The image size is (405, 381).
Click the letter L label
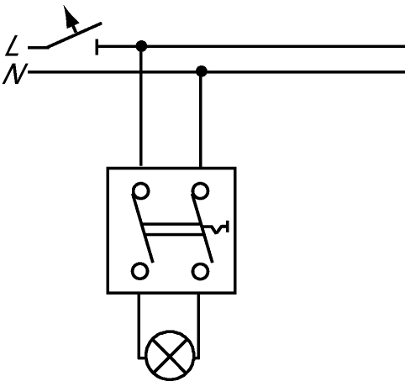point(12,45)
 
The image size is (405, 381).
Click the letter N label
point(15,74)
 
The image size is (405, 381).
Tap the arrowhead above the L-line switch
point(70,16)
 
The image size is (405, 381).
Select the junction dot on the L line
point(141,46)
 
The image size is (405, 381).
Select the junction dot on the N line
point(202,71)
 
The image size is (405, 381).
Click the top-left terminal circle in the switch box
point(141,190)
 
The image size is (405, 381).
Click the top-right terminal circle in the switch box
point(201,190)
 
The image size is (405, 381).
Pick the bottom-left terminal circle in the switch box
point(139,271)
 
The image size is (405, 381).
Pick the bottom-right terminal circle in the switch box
point(200,271)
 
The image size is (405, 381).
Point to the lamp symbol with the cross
point(170,356)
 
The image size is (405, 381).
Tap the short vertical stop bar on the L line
point(97,47)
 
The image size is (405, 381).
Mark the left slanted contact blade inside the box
point(143,227)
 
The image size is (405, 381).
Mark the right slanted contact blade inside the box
point(202,227)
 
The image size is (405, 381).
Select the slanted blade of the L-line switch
point(73,35)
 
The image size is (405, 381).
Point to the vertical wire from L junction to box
point(141,107)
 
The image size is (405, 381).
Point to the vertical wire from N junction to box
point(201,119)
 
